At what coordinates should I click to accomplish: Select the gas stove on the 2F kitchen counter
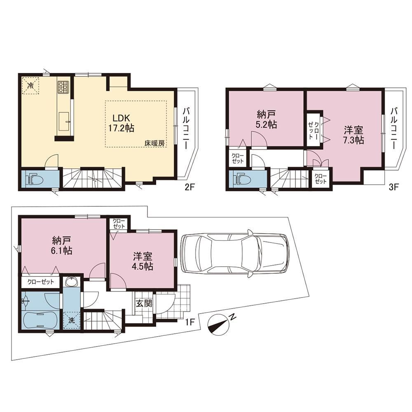[63, 87]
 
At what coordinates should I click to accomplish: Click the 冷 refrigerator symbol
[30, 85]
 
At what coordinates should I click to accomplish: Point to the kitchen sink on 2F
[64, 121]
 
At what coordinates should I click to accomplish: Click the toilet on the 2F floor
[35, 179]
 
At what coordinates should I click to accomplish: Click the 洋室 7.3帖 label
[354, 135]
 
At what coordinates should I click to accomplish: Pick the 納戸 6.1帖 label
[62, 245]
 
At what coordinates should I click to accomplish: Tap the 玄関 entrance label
[144, 304]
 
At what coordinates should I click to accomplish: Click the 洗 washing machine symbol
[72, 320]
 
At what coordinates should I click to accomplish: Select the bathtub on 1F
[40, 320]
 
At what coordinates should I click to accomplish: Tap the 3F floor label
[393, 187]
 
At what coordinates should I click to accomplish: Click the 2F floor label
[189, 187]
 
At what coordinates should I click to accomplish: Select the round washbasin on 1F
[71, 282]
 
